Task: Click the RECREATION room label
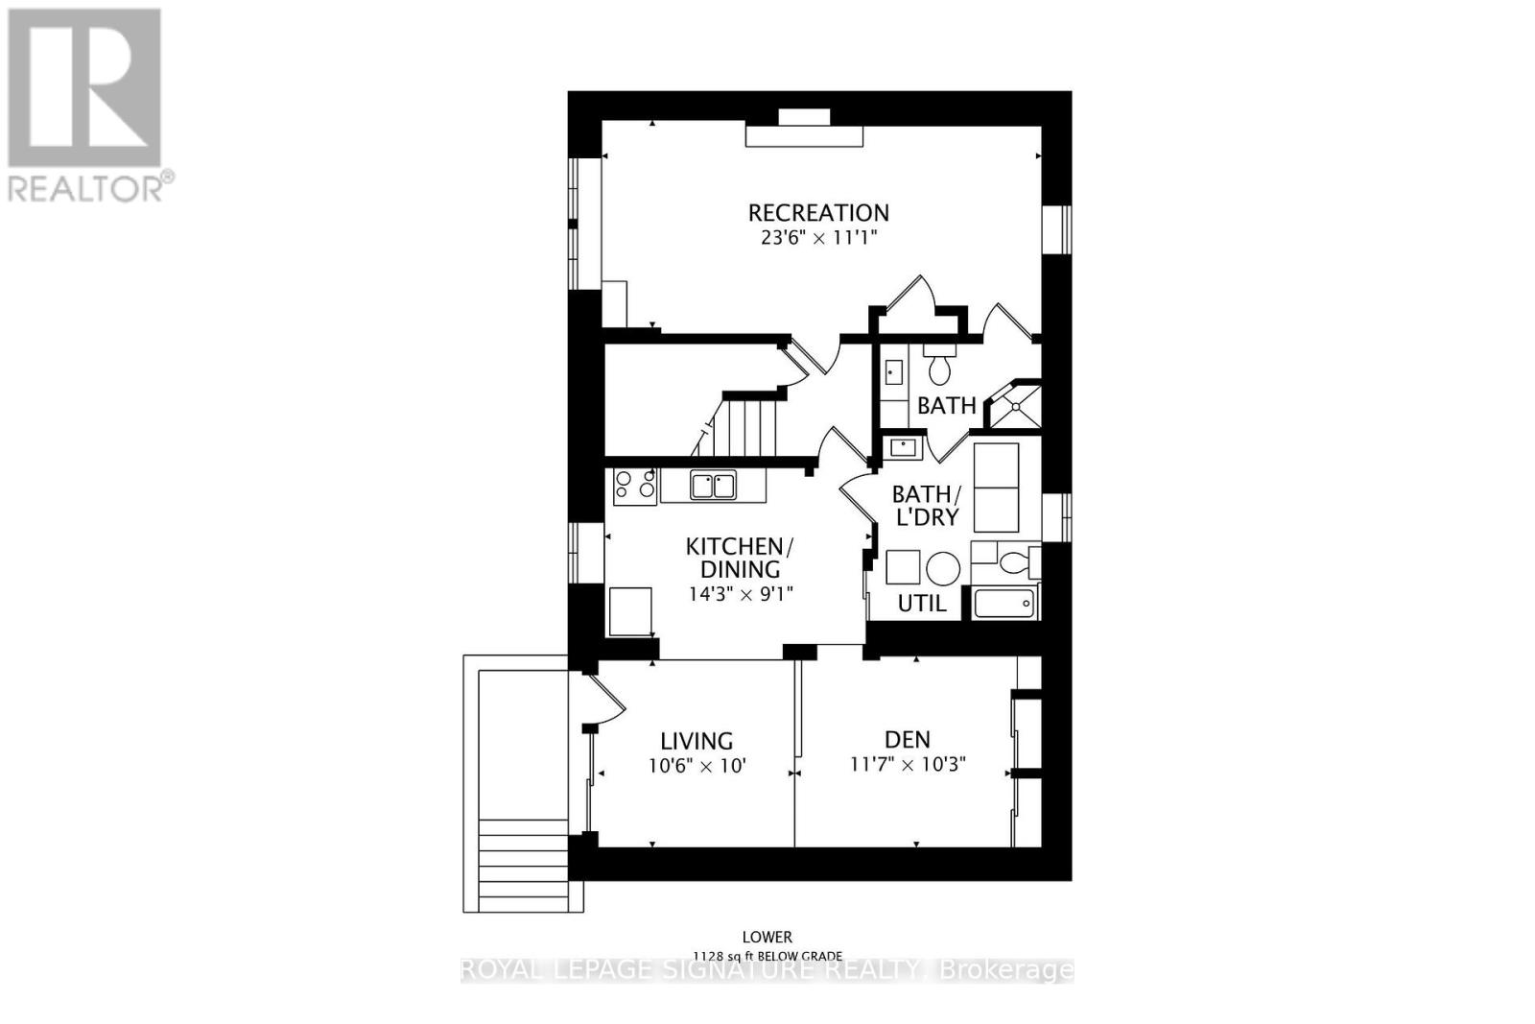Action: [818, 212]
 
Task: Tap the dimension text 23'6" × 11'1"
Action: [818, 237]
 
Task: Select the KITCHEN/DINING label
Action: [739, 558]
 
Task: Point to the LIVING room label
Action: [697, 741]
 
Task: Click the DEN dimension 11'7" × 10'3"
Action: [907, 765]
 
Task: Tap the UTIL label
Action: [921, 604]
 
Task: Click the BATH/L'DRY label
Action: [926, 506]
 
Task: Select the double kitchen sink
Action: [712, 486]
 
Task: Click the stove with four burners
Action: [634, 487]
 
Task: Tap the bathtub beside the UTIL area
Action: [1004, 604]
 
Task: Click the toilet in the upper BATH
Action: [939, 367]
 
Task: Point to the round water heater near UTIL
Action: [943, 569]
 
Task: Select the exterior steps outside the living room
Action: [523, 864]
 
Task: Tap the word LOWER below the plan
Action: [767, 937]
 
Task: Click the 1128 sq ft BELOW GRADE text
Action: [767, 956]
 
